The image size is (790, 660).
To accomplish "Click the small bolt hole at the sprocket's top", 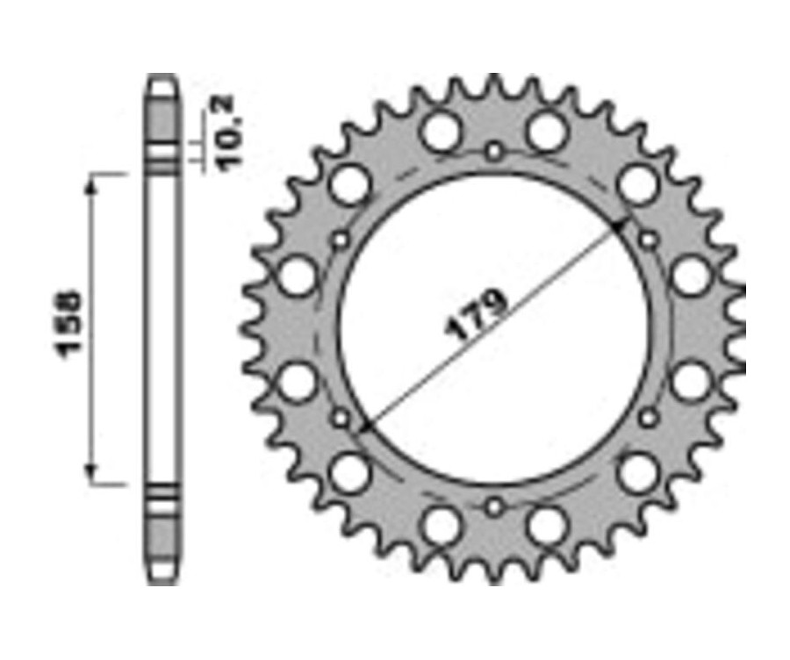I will click(495, 152).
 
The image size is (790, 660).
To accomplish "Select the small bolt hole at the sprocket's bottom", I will click(495, 507).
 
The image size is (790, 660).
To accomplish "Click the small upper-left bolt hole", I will click(341, 240).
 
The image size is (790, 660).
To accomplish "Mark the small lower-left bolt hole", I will click(341, 418).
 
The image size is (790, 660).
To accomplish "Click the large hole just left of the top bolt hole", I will click(441, 132).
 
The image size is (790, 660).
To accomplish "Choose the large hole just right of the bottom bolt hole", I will click(549, 526).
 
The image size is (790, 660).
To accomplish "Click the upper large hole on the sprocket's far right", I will click(691, 276).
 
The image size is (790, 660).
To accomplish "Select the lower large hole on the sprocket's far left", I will click(298, 383).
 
